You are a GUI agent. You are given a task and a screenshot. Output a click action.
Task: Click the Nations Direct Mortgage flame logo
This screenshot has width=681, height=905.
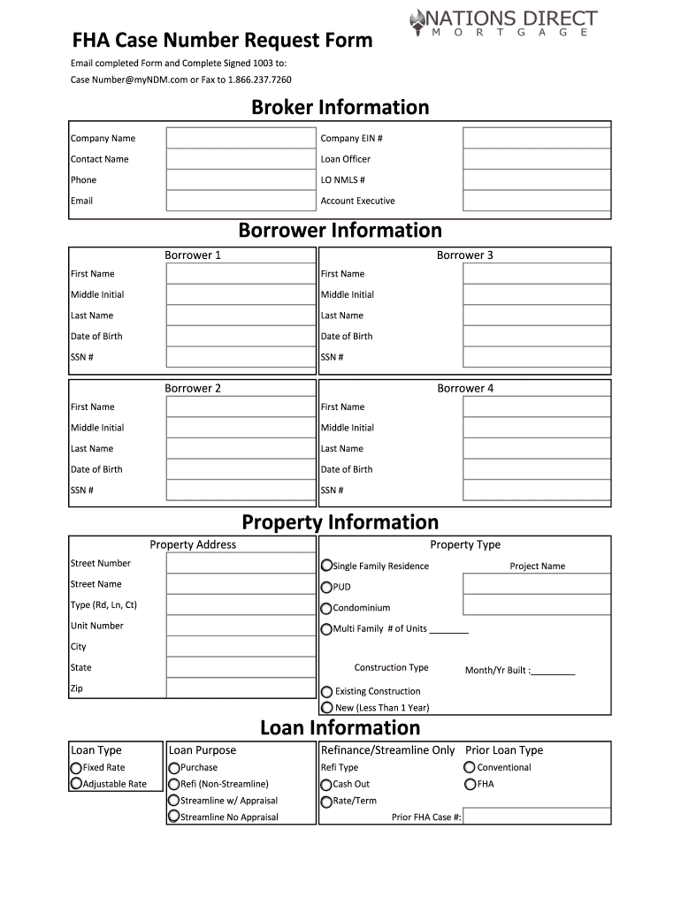tap(419, 20)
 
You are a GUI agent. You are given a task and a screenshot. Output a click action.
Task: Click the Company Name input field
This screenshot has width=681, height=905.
tap(240, 139)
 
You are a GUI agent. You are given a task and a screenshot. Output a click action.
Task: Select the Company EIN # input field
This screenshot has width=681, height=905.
tap(536, 139)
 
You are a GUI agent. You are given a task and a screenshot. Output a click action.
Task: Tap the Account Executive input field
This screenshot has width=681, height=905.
tap(536, 202)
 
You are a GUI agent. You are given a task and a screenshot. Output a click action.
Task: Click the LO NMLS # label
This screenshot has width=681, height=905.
tap(342, 180)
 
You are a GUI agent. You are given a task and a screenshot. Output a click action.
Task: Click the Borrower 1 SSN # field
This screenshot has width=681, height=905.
tap(240, 357)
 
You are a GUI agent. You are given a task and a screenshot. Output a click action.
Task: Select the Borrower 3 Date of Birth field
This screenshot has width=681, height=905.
tap(536, 337)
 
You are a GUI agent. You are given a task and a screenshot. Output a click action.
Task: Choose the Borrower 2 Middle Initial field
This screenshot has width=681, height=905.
tap(240, 428)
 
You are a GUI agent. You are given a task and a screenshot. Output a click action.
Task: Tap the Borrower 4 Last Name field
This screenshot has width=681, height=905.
tap(536, 449)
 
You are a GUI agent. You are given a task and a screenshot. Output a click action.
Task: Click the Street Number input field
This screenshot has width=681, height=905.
tap(240, 564)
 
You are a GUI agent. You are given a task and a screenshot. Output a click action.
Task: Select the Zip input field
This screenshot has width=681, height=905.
tap(240, 688)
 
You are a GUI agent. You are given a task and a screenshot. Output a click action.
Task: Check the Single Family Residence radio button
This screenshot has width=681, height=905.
tap(327, 566)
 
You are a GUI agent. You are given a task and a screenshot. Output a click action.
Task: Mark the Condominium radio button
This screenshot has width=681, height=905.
tap(327, 608)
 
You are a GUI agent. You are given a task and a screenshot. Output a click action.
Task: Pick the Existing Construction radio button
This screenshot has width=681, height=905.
tap(327, 692)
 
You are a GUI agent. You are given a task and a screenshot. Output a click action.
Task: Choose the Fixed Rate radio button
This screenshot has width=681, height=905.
tap(76, 768)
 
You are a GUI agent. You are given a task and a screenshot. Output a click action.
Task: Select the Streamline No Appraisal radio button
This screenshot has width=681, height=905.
tap(174, 817)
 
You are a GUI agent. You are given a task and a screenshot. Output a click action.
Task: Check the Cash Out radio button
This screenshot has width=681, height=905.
tap(326, 784)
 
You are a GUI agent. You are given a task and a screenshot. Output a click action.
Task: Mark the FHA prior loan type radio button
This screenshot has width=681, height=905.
tap(470, 784)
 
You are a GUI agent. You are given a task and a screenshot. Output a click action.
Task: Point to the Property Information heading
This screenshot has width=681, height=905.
tap(340, 522)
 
